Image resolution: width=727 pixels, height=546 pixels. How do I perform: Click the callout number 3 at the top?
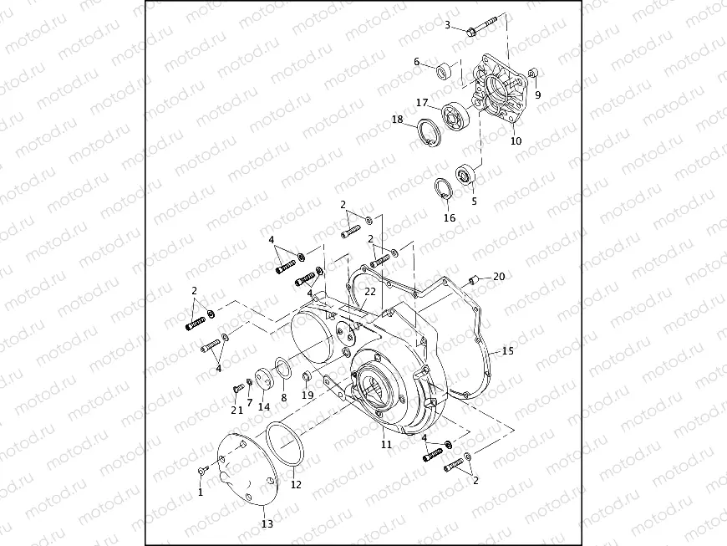click(448, 25)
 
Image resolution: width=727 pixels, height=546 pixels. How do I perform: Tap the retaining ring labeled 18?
click(429, 133)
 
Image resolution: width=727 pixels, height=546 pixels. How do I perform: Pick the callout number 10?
click(516, 141)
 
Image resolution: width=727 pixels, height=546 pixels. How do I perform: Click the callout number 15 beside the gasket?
click(507, 351)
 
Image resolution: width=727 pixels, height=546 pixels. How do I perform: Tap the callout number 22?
click(369, 291)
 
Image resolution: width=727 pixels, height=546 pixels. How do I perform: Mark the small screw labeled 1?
click(203, 473)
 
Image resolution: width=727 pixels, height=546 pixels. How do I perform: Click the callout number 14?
click(263, 407)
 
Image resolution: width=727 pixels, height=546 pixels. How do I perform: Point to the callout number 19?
click(308, 395)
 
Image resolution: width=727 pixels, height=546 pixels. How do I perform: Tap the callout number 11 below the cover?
click(386, 446)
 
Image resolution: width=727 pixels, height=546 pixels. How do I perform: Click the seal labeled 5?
click(465, 176)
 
